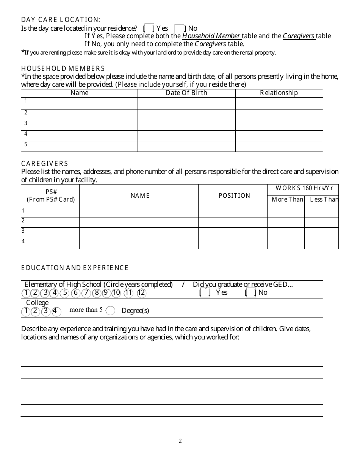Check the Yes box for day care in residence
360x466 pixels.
click(149, 28)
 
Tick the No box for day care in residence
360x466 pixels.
click(179, 28)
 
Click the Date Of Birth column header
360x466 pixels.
click(186, 93)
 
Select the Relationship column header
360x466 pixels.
click(279, 93)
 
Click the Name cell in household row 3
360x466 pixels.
click(79, 125)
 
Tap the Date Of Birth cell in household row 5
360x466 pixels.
click(186, 146)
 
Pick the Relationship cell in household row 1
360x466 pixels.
click(279, 103)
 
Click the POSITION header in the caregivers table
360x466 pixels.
click(234, 195)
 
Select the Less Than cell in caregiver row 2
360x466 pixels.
click(321, 222)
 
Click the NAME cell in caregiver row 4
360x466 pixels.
click(139, 243)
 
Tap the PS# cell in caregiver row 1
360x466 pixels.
click(50, 212)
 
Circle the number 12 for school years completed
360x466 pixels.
click(141, 292)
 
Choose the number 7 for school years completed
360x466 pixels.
click(86, 292)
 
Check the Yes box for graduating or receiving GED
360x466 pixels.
click(205, 292)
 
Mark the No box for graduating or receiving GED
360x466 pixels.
click(251, 292)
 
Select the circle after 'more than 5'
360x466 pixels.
click(110, 311)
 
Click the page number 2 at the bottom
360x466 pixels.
click(180, 441)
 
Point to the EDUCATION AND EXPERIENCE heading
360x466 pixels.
click(75, 268)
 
